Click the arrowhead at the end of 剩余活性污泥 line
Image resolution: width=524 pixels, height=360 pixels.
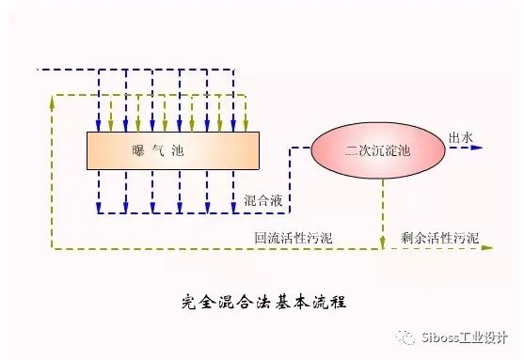[x=487, y=249]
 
